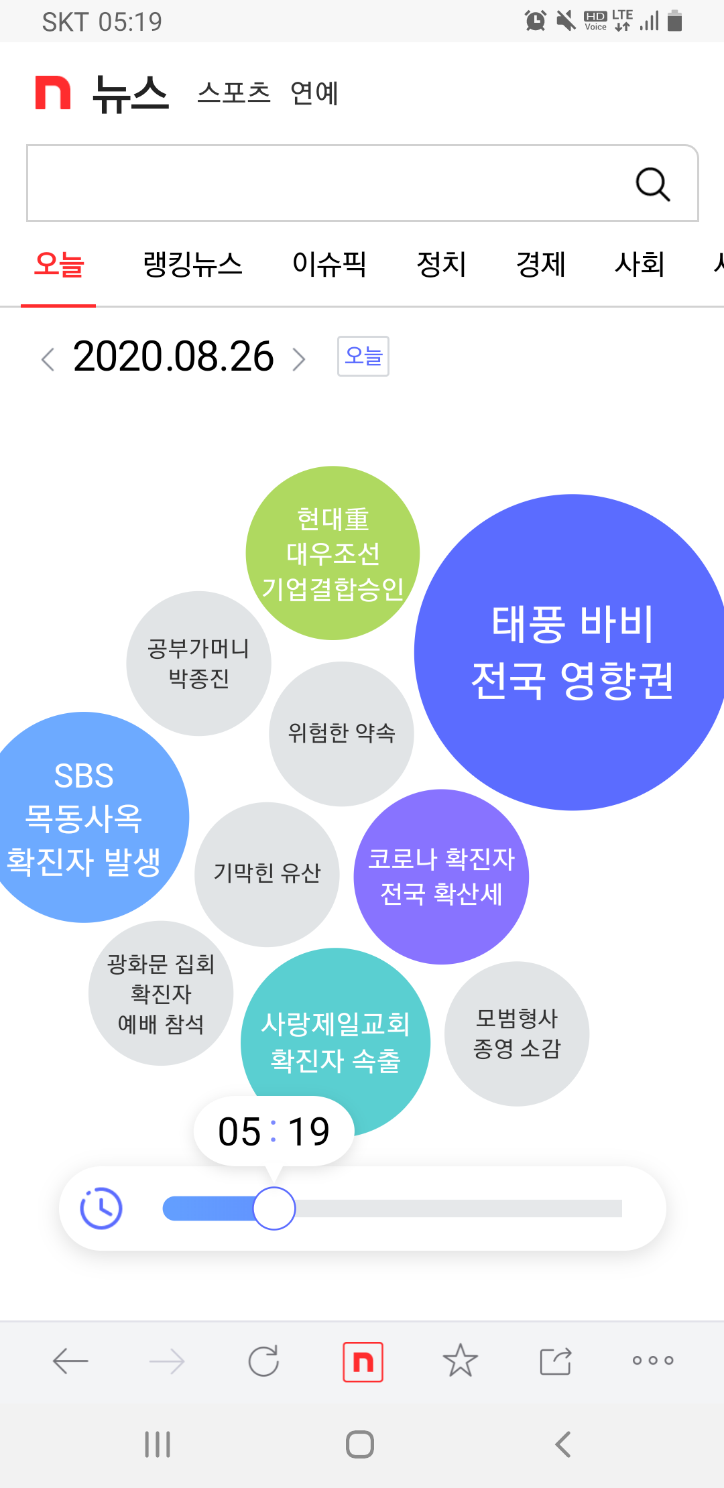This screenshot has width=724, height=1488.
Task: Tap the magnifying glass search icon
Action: coord(653,184)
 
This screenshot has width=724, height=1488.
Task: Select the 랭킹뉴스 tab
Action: coord(192,264)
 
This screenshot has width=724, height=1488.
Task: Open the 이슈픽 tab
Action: coord(329,264)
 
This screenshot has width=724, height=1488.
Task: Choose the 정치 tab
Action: coord(441,264)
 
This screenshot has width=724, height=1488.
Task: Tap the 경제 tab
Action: coord(540,264)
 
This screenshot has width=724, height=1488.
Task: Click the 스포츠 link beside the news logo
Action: coord(233,93)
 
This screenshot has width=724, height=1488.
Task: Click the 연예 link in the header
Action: coord(314,93)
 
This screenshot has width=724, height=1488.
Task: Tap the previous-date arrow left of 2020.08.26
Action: coord(48,359)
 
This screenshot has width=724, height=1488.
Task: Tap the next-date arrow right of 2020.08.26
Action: coord(299,359)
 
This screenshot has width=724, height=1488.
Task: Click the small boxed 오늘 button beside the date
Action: coord(363,356)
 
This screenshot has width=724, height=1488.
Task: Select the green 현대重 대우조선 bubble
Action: coord(333,553)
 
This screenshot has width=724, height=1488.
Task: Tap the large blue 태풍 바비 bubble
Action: coord(572,652)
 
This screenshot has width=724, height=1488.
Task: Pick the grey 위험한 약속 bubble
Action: coord(341,733)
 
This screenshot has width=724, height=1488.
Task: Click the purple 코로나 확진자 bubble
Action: coord(441,877)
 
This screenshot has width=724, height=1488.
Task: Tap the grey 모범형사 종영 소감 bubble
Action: coord(517,1034)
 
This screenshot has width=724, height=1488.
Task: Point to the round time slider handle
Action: coord(274,1208)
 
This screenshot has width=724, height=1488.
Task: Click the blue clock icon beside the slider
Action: coord(101,1208)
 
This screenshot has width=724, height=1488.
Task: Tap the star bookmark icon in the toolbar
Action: coord(461,1361)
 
